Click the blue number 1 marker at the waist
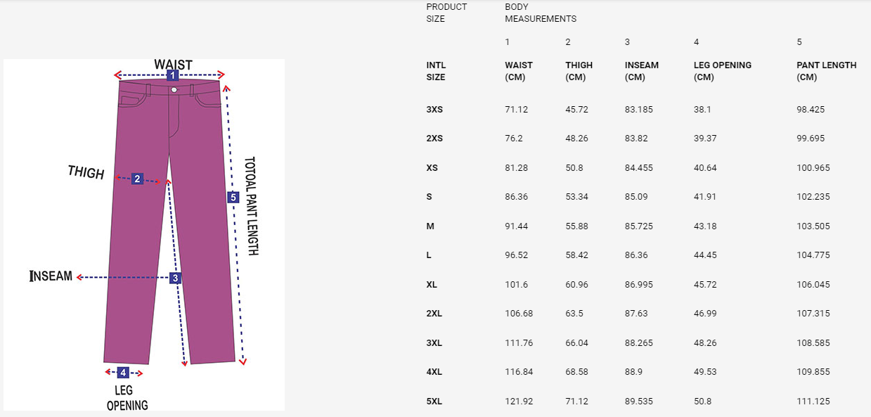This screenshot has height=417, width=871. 173,75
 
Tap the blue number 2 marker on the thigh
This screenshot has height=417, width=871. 137,179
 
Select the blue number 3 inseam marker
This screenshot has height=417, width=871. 175,278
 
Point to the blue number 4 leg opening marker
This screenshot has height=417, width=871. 123,373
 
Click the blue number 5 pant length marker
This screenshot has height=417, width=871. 233,197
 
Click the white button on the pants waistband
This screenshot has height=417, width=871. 174,90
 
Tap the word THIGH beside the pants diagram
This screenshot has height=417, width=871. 86,172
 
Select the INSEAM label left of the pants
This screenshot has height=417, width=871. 51,276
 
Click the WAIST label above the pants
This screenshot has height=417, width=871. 173,64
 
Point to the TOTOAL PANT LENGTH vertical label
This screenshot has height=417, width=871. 252,206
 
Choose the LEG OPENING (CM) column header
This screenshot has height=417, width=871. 723,71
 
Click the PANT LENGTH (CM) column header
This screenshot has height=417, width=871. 826,71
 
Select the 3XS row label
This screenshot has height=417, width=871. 434,109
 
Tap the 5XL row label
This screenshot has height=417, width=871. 434,401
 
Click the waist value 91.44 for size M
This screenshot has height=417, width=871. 517,226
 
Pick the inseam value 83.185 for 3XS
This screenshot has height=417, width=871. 639,109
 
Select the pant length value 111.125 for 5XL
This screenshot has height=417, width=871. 813,401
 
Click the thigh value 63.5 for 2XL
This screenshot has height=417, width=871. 574,313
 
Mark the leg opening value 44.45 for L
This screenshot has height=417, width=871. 705,255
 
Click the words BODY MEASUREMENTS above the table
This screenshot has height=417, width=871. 541,13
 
